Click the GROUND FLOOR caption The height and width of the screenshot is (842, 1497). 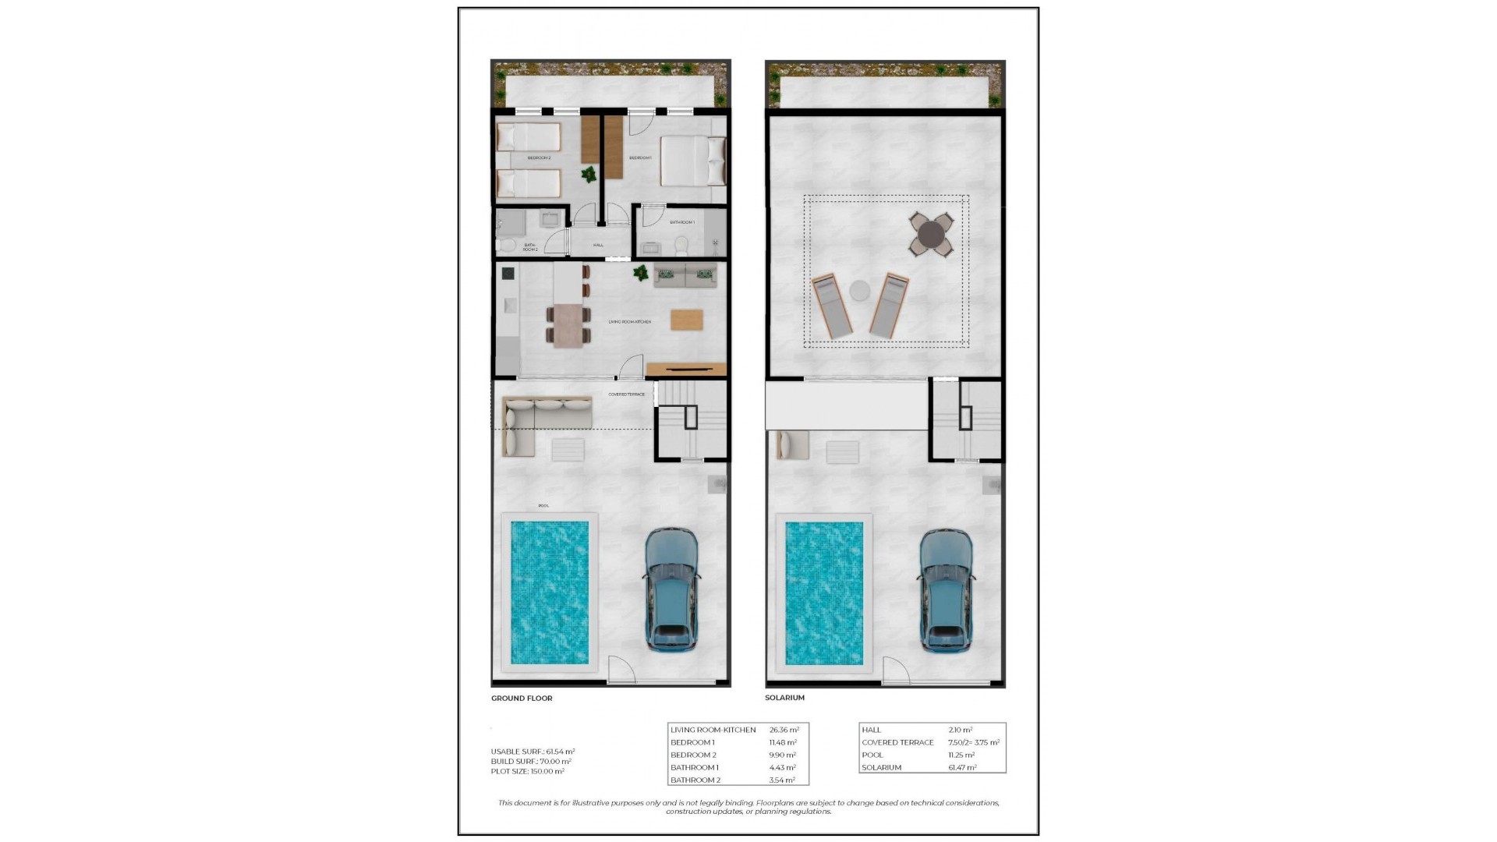pyautogui.click(x=522, y=699)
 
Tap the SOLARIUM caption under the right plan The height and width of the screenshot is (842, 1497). pyautogui.click(x=784, y=698)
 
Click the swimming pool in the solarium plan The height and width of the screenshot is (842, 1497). pyautogui.click(x=823, y=593)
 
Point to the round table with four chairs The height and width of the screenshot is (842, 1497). pyautogui.click(x=932, y=234)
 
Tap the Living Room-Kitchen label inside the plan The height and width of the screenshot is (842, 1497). pyautogui.click(x=629, y=322)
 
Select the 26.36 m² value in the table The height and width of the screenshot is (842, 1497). pyautogui.click(x=784, y=730)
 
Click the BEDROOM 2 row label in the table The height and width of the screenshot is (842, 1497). pyautogui.click(x=693, y=755)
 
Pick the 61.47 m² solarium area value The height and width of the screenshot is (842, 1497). pyautogui.click(x=962, y=767)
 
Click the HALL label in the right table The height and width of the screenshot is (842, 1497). pyautogui.click(x=871, y=730)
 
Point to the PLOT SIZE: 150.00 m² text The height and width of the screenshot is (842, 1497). pyautogui.click(x=527, y=771)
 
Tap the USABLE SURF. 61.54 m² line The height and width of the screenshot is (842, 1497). pyautogui.click(x=533, y=752)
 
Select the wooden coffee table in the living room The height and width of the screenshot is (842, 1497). pyautogui.click(x=686, y=320)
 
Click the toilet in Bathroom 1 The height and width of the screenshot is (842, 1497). pyautogui.click(x=681, y=246)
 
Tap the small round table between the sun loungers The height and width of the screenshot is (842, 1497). pyautogui.click(x=859, y=291)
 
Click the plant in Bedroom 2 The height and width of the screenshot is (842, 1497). pyautogui.click(x=589, y=175)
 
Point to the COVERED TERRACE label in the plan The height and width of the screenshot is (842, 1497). pyautogui.click(x=626, y=394)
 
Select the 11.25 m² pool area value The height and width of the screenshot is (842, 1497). pyautogui.click(x=961, y=755)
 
